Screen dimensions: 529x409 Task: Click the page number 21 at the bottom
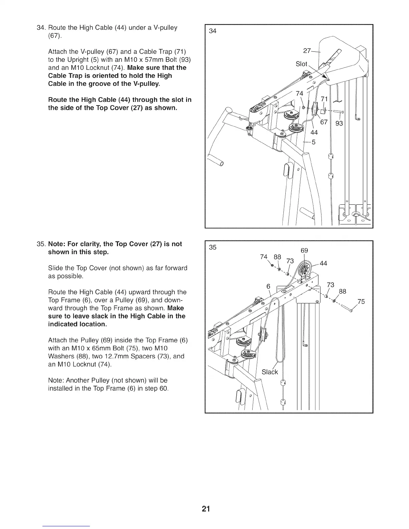pyautogui.click(x=206, y=509)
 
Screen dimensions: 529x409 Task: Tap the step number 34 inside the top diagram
pyautogui.click(x=213, y=31)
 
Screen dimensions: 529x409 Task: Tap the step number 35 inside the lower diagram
pyautogui.click(x=213, y=247)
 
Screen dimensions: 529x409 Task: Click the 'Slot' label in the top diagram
pyautogui.click(x=301, y=64)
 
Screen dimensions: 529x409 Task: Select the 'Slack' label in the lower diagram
pyautogui.click(x=270, y=372)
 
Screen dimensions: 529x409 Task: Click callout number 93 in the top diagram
pyautogui.click(x=339, y=124)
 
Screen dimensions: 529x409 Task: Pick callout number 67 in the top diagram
pyautogui.click(x=324, y=122)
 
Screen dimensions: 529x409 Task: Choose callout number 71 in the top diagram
pyautogui.click(x=324, y=99)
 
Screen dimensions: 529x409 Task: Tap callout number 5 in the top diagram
pyautogui.click(x=313, y=143)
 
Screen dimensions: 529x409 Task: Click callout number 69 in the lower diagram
pyautogui.click(x=304, y=250)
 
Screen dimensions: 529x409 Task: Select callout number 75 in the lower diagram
pyautogui.click(x=361, y=302)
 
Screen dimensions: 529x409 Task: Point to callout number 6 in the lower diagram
pyautogui.click(x=268, y=286)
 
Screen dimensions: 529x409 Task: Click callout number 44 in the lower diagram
pyautogui.click(x=323, y=263)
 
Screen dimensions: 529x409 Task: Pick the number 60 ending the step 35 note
pyautogui.click(x=163, y=388)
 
